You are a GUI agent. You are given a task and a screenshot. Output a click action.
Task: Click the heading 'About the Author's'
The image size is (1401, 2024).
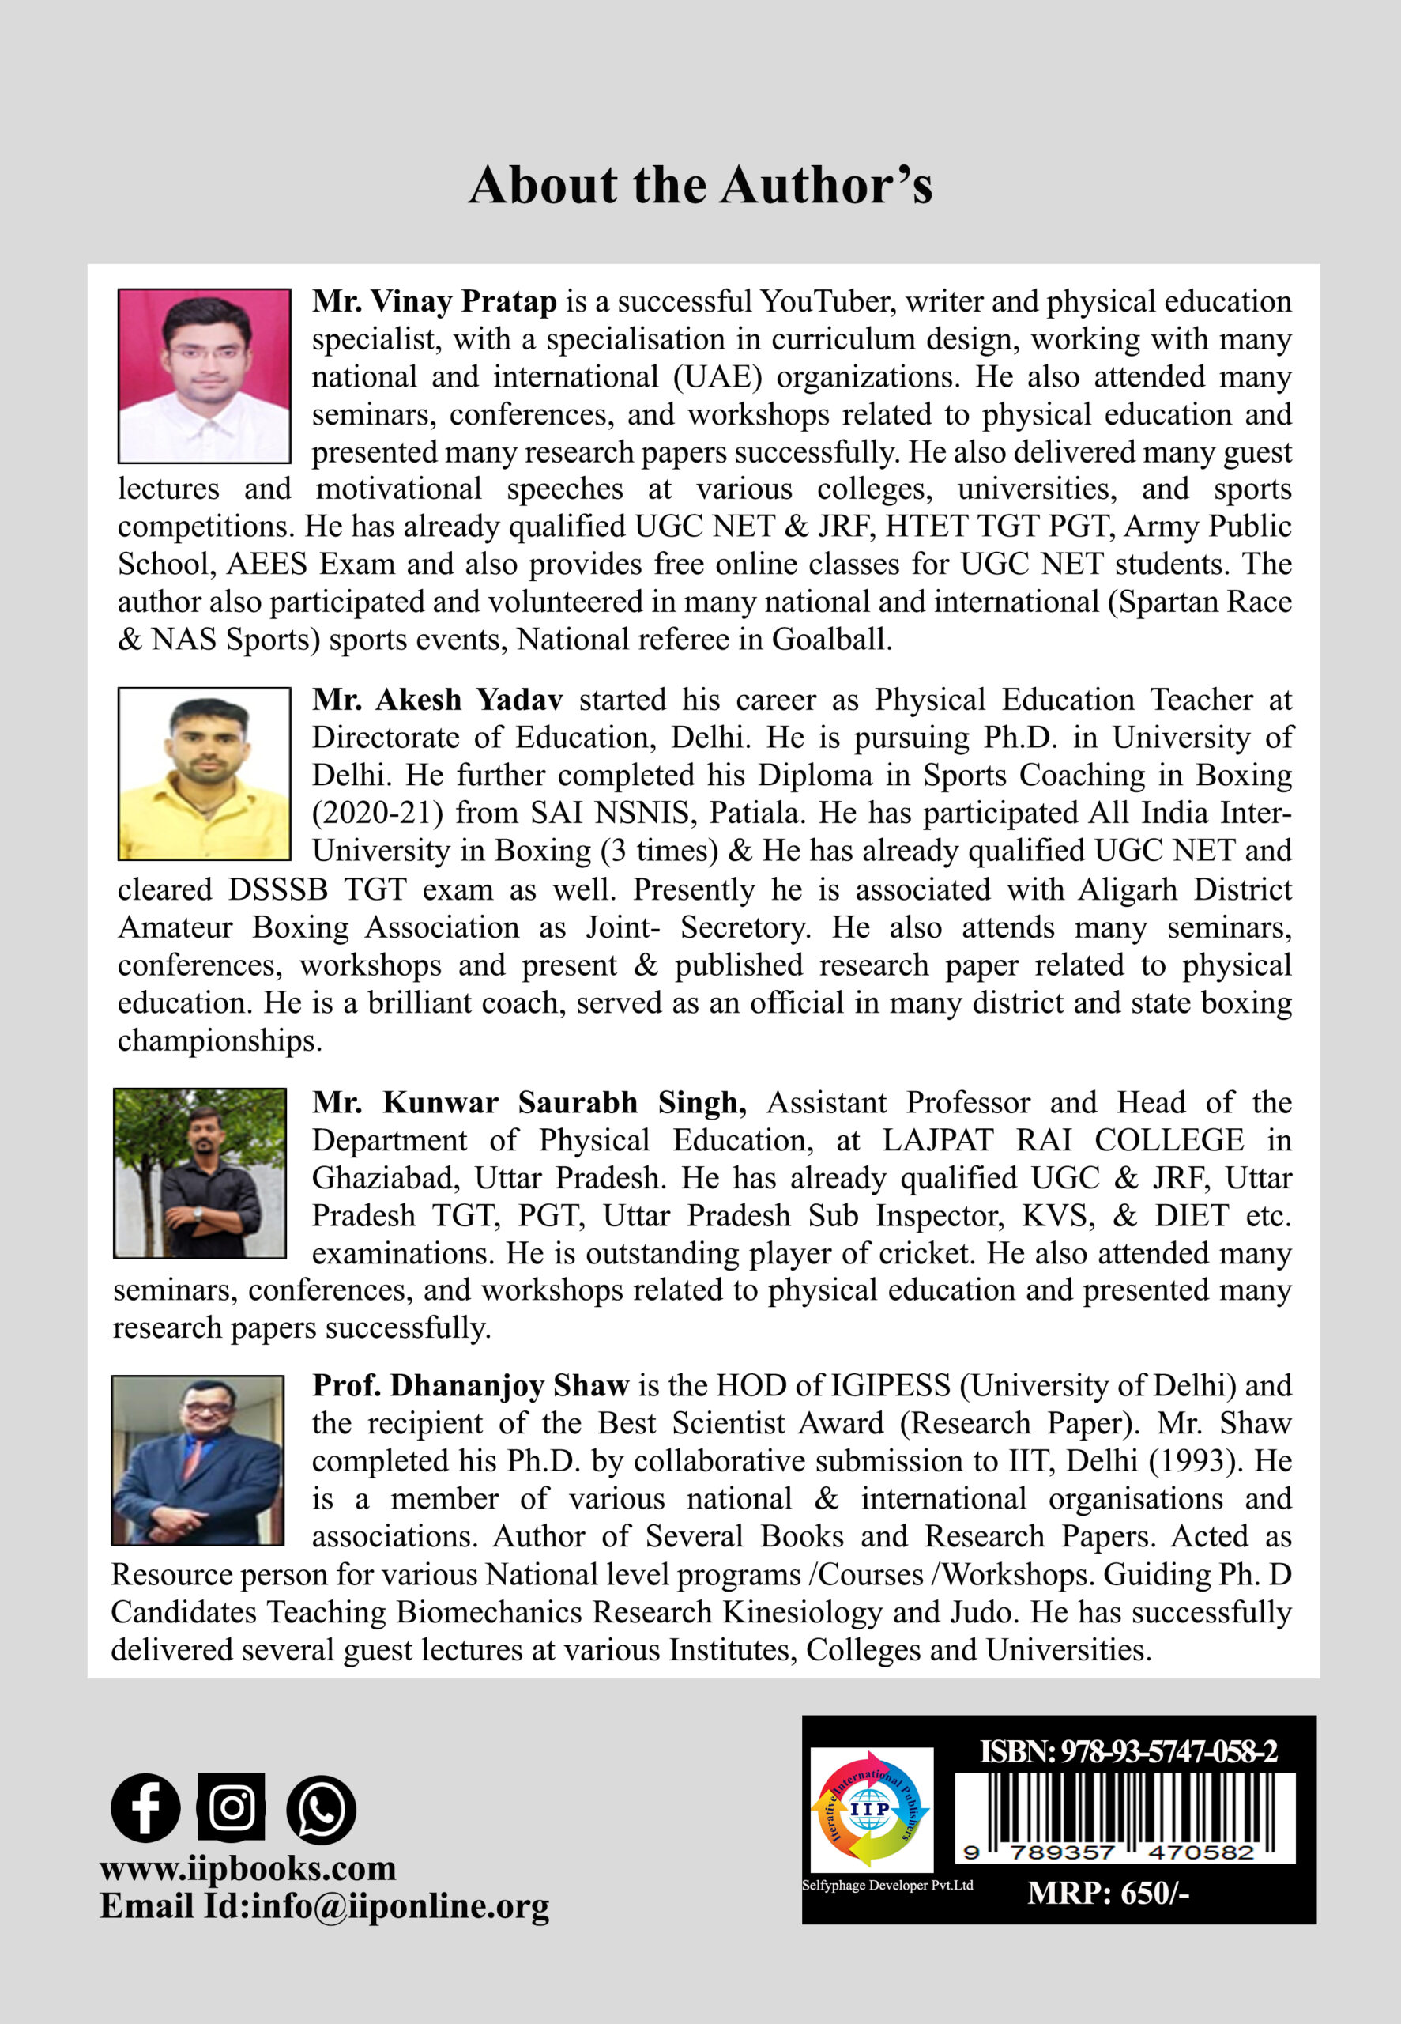tap(699, 185)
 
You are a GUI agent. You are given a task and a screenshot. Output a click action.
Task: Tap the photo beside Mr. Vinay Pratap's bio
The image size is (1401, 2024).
tap(204, 376)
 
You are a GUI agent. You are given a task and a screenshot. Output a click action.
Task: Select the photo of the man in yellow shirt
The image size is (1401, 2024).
tap(204, 773)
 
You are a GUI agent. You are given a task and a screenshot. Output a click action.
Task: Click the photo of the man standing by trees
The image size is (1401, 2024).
tap(200, 1173)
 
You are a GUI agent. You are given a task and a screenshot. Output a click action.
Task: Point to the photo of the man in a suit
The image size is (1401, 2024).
tap(198, 1460)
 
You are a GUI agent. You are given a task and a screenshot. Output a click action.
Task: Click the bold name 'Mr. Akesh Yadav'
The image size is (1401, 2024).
tap(437, 700)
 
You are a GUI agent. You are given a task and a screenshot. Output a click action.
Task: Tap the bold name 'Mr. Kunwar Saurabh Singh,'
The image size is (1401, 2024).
tap(529, 1103)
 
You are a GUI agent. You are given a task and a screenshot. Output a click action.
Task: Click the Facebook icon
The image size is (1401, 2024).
tap(145, 1808)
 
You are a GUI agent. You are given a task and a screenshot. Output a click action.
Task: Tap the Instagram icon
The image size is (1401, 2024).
tap(231, 1807)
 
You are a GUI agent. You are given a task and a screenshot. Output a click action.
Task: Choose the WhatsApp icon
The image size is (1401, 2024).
tap(322, 1809)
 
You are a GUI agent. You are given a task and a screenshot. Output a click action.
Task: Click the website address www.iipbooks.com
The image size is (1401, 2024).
tap(247, 1867)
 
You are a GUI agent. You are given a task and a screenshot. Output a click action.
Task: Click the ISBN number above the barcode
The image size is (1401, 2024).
tap(1128, 1752)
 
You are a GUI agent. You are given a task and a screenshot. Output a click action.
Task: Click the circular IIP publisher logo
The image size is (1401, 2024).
tap(870, 1810)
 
